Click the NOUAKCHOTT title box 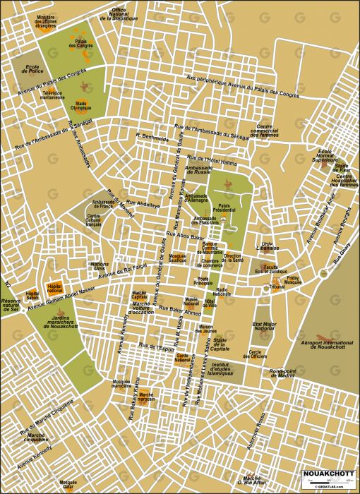[329, 472]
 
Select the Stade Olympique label [81, 106]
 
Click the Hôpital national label [54, 287]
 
